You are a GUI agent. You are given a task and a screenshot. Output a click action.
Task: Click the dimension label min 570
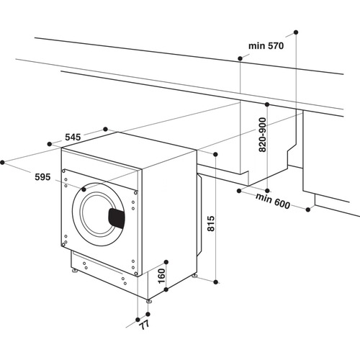(x=266, y=45)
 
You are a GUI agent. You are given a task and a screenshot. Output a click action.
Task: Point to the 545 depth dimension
(x=73, y=136)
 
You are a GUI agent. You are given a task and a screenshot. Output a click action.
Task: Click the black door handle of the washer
(x=117, y=217)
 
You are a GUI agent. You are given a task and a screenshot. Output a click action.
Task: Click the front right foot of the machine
(x=149, y=301)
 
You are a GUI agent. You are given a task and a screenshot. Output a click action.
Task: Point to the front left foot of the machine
(x=74, y=272)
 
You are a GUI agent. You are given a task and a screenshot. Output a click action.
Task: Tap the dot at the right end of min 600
(x=310, y=210)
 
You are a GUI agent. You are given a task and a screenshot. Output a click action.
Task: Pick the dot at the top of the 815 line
(x=215, y=153)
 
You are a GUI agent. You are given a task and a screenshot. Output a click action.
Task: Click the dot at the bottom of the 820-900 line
(x=267, y=190)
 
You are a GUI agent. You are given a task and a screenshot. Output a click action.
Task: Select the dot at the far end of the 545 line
(x=107, y=129)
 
